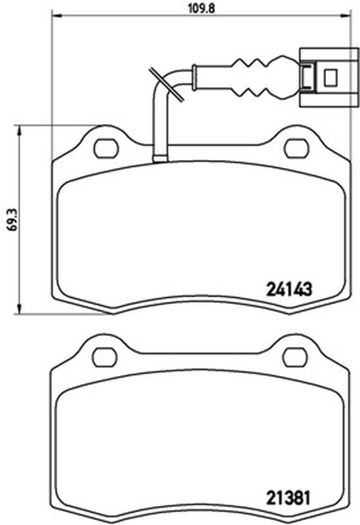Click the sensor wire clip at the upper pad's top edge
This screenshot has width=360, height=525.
click(x=160, y=157)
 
